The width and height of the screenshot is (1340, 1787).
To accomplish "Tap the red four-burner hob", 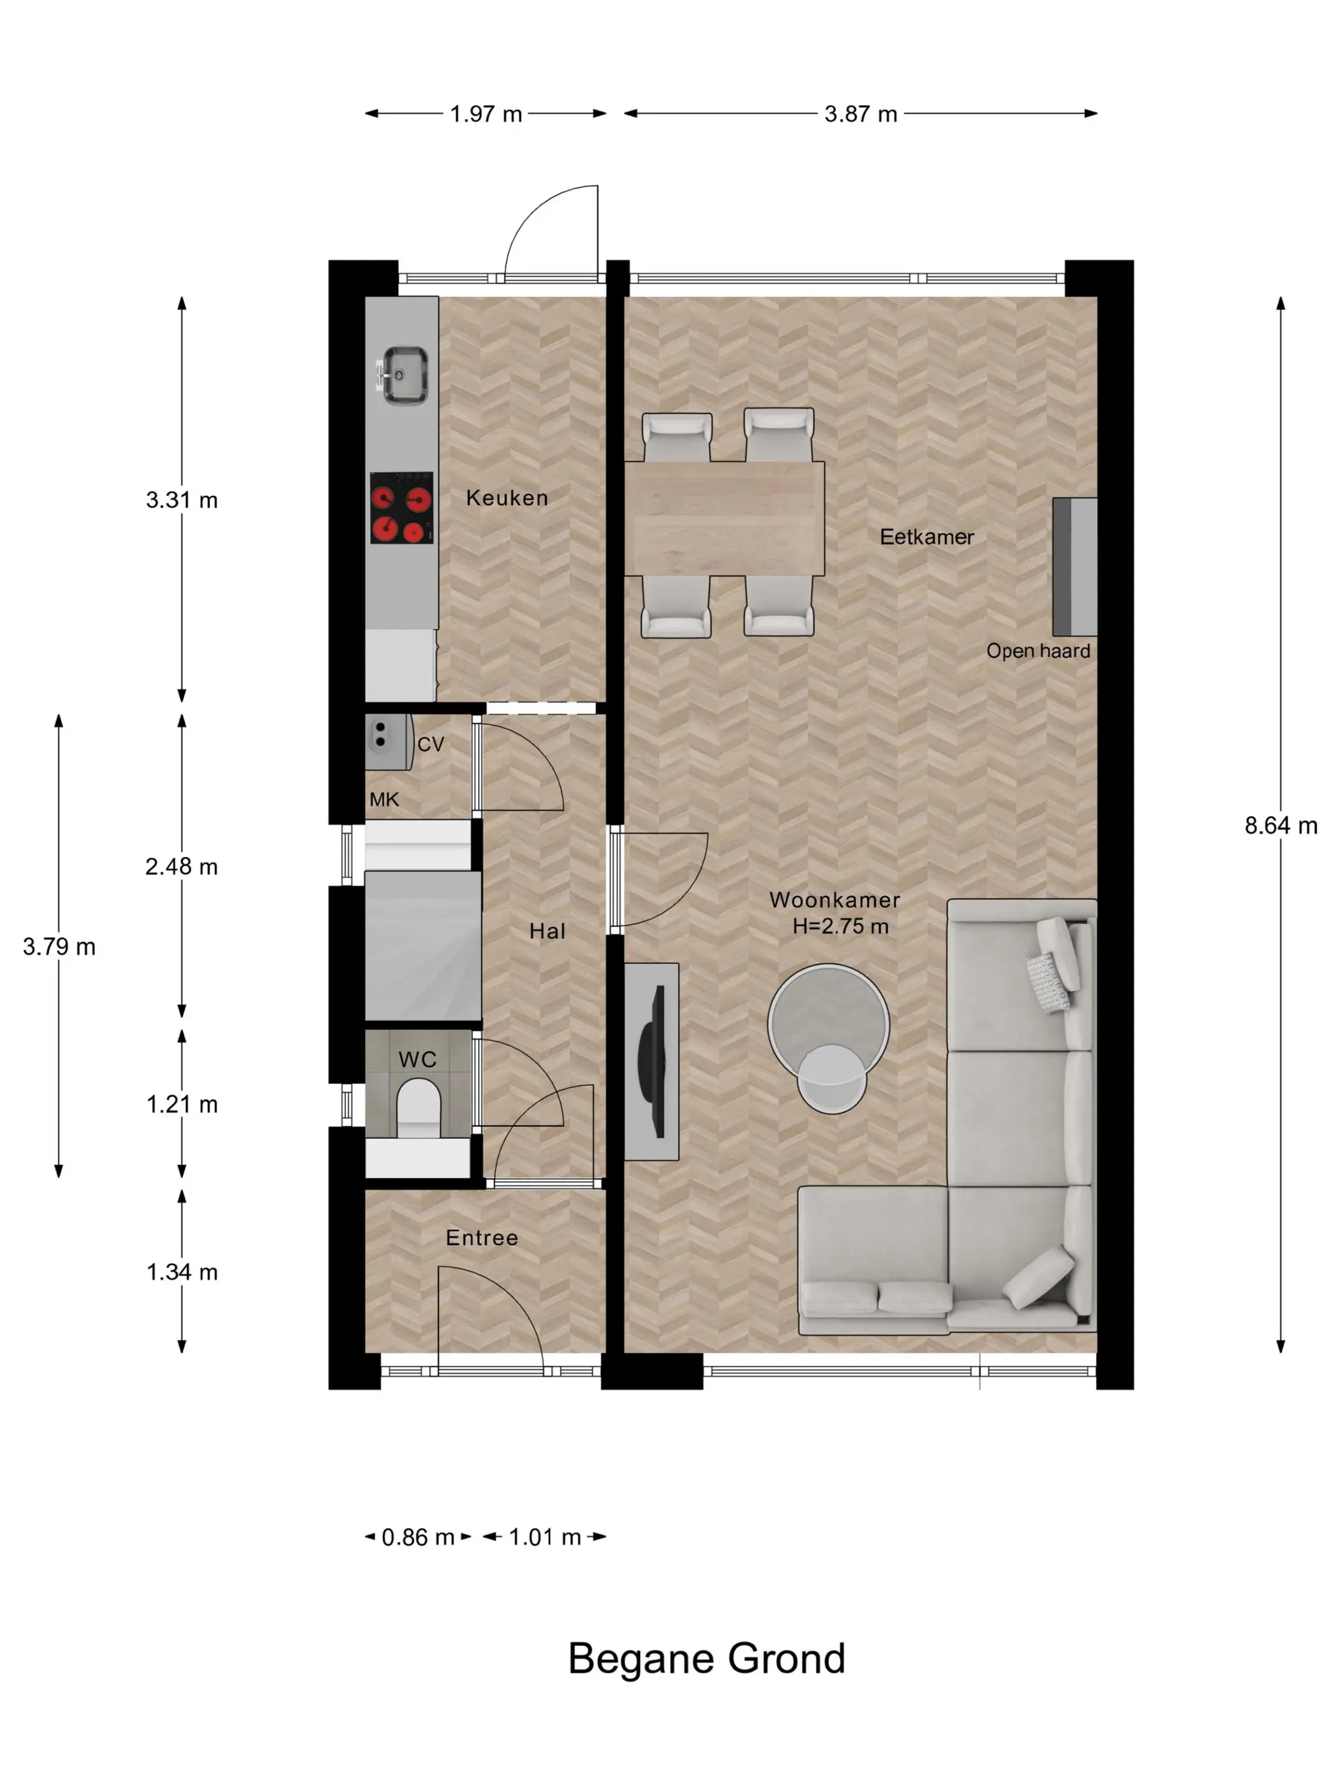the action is coord(401,507).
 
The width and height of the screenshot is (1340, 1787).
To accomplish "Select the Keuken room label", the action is coord(507,498).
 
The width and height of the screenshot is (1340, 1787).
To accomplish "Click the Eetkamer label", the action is coord(927,537).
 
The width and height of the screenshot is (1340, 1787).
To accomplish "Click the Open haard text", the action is coord(1038,650).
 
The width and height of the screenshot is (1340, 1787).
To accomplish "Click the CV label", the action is coord(431,744).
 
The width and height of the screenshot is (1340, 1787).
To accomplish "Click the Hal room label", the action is coord(547,931).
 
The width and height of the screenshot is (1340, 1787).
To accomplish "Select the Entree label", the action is coord(482,1237).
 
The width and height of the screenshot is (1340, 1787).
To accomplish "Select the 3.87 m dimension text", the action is coord(860,114).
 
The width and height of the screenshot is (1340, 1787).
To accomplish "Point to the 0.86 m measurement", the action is coord(417,1537).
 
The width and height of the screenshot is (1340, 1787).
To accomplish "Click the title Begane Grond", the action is coord(707,1659).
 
